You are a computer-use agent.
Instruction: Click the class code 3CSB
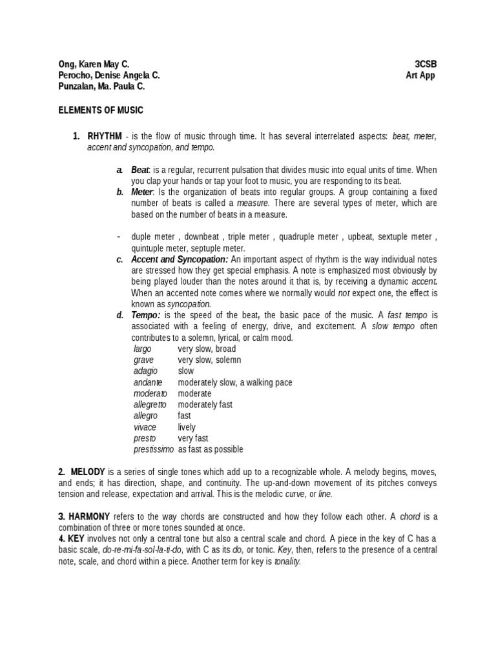(429, 65)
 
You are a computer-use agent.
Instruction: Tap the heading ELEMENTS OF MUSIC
(101, 111)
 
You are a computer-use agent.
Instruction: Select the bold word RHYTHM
(105, 137)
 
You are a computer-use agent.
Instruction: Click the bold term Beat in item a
(139, 170)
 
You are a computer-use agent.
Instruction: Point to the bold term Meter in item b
(142, 192)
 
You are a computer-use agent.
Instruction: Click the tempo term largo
(142, 349)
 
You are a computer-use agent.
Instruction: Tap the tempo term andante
(148, 382)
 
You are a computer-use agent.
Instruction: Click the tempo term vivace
(145, 427)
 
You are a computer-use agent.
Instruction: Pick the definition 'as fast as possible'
(211, 449)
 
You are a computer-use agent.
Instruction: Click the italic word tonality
(287, 562)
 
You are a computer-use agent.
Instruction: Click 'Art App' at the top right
(420, 76)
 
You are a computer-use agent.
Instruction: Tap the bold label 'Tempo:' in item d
(146, 315)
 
